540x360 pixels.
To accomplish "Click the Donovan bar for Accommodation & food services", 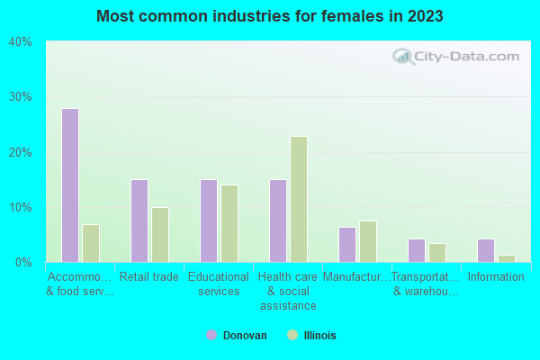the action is pos(70,185).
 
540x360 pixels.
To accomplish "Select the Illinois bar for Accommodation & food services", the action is pos(91,243).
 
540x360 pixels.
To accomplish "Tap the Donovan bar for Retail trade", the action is pos(139,220).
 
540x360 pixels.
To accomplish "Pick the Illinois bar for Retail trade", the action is pos(160,235).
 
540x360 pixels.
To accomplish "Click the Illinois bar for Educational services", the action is pos(229,223).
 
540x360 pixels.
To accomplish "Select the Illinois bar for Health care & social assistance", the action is pos(299,200).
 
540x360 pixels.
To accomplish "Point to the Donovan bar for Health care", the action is pos(278,220).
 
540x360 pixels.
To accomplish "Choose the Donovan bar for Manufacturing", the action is pos(347,245).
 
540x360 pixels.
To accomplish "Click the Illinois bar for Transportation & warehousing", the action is pos(437,253).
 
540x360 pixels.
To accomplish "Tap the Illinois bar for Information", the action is pos(507,258).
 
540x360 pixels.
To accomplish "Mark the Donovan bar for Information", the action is pos(486,250).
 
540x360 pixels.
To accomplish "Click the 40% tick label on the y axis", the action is pos(20,42).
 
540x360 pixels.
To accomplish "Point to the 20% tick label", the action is pos(20,153).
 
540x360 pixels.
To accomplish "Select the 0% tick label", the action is pos(23,263).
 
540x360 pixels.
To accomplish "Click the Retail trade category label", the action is pos(149,276).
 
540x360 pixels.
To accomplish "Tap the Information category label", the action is pos(496,276).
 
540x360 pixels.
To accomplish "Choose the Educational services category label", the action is pos(219,283).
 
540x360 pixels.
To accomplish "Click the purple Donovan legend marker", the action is pos(211,335).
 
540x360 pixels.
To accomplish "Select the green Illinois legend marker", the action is pos(292,335).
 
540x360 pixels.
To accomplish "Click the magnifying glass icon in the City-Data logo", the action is pos(403,57).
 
